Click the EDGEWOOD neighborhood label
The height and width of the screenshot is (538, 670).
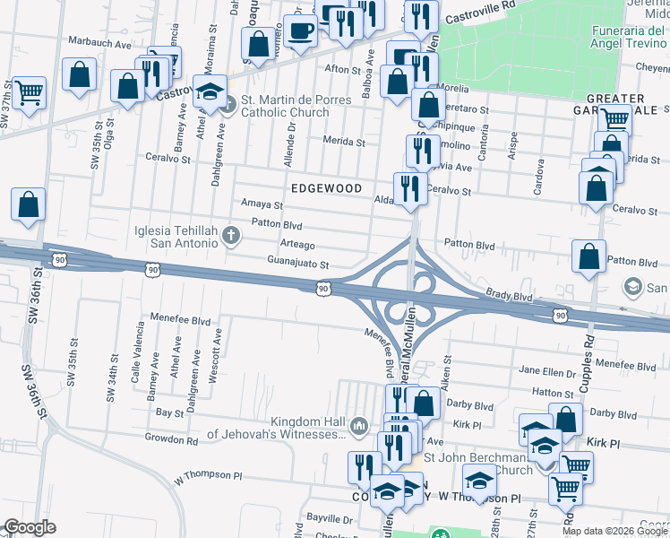click(x=326, y=188)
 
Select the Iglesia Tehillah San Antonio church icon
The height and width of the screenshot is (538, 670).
click(x=232, y=237)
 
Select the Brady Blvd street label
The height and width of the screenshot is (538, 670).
click(x=509, y=294)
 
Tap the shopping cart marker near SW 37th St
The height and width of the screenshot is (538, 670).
click(x=30, y=91)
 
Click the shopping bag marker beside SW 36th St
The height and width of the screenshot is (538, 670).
click(x=28, y=204)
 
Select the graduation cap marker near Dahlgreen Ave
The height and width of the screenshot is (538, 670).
click(x=210, y=92)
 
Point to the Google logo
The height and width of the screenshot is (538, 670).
click(x=30, y=528)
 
